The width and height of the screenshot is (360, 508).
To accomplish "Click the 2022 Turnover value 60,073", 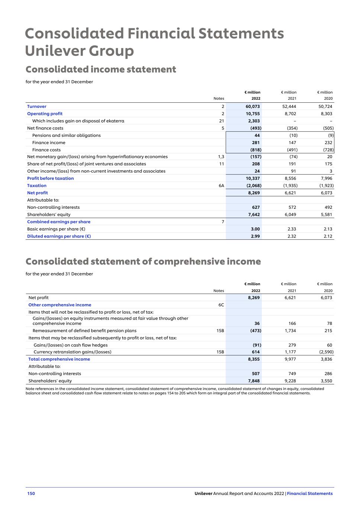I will coord(253,106).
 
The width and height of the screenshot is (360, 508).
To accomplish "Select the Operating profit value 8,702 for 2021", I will coord(289,114).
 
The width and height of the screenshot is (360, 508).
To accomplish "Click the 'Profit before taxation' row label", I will coord(50,178).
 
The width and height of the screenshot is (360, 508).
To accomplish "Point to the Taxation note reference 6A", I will coord(221,186).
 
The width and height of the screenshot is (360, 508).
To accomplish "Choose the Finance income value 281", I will coord(255,143).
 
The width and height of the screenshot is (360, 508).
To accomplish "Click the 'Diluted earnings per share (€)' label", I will coord(59,236).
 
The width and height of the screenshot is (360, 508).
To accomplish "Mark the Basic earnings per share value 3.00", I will coord(255,229).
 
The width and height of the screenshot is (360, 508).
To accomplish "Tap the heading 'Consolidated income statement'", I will coord(101,70).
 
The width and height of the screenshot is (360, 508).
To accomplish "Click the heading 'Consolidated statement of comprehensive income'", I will coord(143,262).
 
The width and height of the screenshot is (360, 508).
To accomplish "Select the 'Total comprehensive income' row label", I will coord(59,359).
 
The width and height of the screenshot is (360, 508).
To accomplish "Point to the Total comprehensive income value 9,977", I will coord(290,359).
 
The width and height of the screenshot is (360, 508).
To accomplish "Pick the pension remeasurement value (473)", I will coord(254,330).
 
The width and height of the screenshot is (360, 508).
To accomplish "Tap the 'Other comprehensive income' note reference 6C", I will coord(221,305).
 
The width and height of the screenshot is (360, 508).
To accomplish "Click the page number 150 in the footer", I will coord(31,493).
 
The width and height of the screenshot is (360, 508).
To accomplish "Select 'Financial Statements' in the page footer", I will coord(310,493).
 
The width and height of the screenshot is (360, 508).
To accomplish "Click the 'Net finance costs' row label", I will coord(45,128).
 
